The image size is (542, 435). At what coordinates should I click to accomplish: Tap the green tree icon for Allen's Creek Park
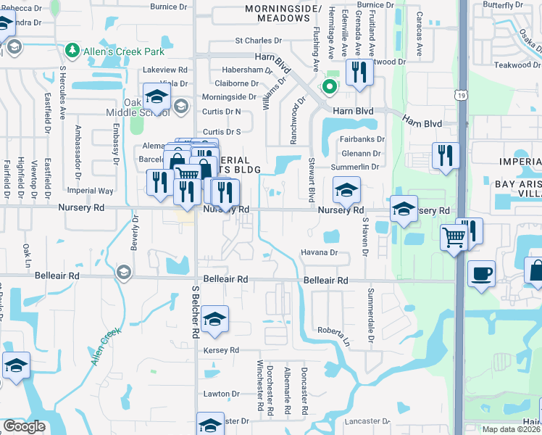(x=72, y=50)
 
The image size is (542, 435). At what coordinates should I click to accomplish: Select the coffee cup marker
(x=481, y=274)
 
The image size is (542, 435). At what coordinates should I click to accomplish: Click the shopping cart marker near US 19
(x=454, y=236)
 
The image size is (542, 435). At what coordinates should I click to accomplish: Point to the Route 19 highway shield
(x=461, y=95)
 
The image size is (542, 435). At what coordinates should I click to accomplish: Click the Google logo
(x=24, y=426)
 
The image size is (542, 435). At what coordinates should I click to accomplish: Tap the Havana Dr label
(x=320, y=252)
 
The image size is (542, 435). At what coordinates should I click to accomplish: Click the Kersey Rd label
(x=221, y=350)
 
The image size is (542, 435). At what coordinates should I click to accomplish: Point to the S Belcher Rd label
(x=195, y=312)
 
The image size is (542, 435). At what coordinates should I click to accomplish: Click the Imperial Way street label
(x=91, y=191)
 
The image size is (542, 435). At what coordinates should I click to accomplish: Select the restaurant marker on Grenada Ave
(x=359, y=72)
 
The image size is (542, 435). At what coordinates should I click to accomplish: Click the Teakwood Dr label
(x=517, y=65)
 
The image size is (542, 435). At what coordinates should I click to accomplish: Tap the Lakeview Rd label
(x=165, y=70)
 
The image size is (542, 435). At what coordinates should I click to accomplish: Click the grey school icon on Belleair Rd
(x=123, y=272)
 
